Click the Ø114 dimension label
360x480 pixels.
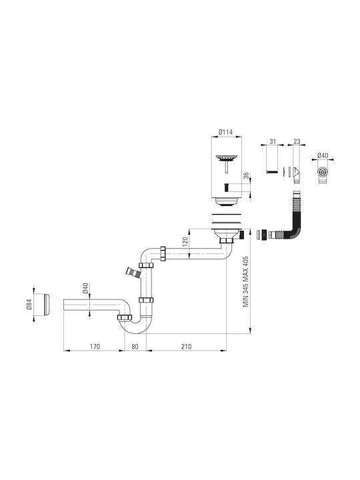click(225, 132)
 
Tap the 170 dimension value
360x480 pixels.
click(95, 347)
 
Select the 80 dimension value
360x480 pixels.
click(135, 347)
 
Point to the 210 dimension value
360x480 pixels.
click(186, 347)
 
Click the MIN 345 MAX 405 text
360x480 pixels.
click(245, 282)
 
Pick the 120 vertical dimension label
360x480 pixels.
click(185, 242)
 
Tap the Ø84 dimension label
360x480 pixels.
click(29, 304)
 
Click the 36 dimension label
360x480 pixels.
click(247, 176)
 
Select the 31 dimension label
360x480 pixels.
click(273, 141)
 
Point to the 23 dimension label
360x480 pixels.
click(297, 141)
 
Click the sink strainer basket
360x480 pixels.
click(226, 159)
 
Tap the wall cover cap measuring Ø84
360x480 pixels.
click(47, 305)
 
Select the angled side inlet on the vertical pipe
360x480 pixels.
click(132, 272)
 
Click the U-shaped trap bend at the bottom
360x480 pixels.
click(134, 325)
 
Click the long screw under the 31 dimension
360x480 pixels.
click(272, 172)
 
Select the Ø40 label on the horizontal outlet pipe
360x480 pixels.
click(85, 288)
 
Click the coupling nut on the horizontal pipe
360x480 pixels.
click(163, 254)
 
